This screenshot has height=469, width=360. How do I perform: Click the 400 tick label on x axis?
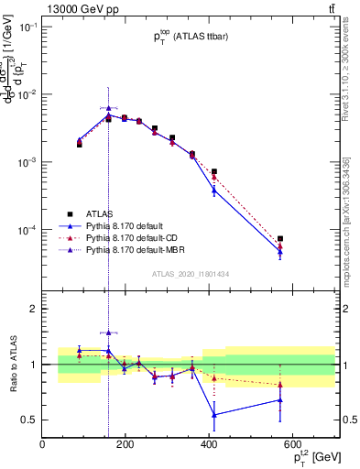[207, 446]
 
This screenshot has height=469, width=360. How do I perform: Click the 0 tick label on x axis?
[42, 446]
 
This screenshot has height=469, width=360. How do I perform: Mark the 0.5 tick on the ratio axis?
[31, 420]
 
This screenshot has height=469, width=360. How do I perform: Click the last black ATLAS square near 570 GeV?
[280, 239]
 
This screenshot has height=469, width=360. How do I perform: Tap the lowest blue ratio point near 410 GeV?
[214, 415]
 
